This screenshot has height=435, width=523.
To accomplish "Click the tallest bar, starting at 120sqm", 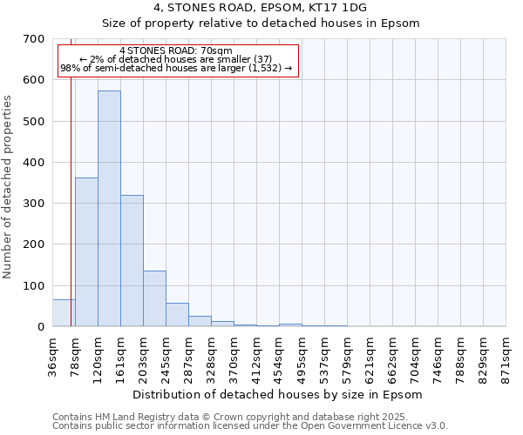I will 109,209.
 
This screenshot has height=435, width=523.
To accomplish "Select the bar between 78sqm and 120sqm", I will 86,252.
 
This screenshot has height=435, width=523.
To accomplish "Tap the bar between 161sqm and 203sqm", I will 132,261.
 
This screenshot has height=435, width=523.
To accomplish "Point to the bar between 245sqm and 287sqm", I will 177,315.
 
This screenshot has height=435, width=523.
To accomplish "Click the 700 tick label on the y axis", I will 34,39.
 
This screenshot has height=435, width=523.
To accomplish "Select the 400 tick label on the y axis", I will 34,163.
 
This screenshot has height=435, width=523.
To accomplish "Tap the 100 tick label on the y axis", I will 34,286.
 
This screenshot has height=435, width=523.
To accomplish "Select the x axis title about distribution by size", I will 279,394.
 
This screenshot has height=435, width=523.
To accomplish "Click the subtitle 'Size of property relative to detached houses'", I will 261,23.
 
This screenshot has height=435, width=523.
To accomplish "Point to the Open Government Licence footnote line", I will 250,426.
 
